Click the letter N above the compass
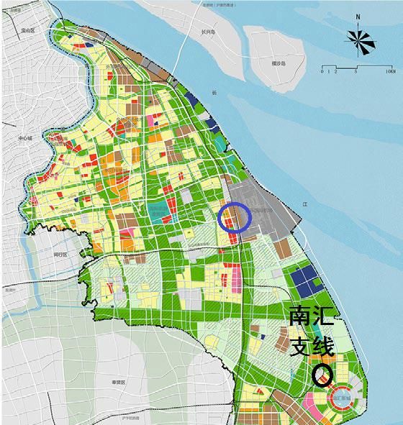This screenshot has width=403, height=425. [358, 17]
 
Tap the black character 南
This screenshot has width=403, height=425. [302, 317]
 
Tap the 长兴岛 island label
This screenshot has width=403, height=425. [209, 30]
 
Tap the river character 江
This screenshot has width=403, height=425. [304, 205]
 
